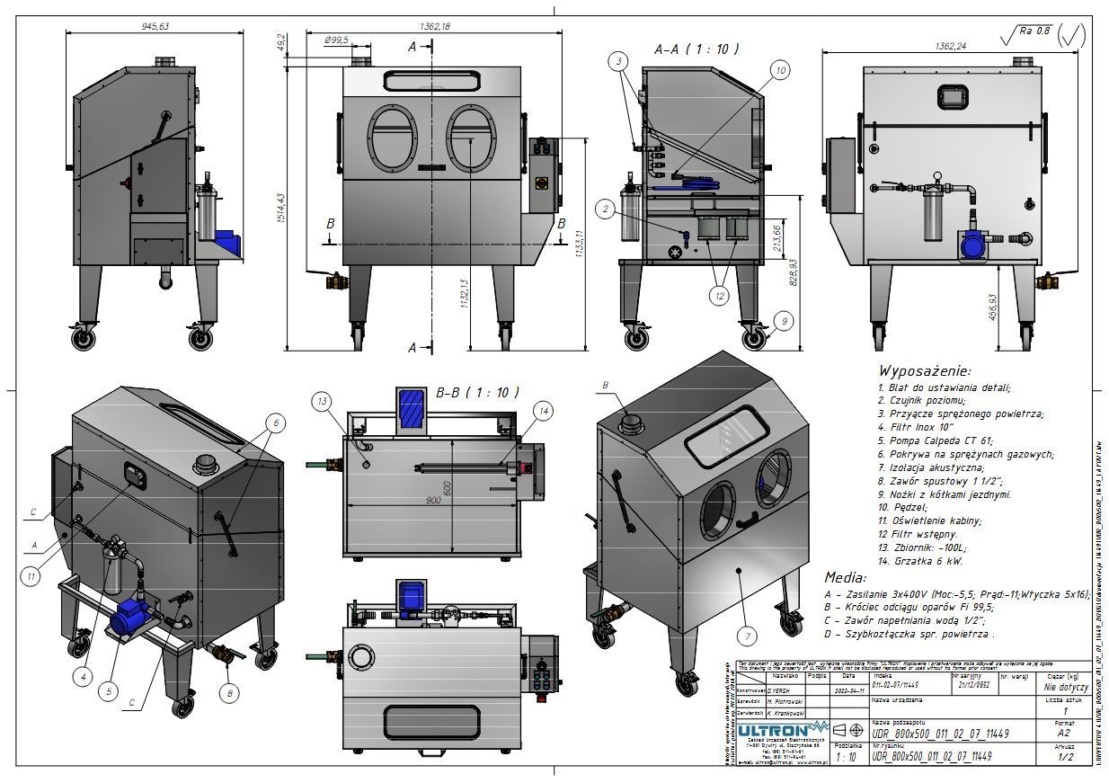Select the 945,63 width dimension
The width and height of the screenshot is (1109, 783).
click(x=155, y=26)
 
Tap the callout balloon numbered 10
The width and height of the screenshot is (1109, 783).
click(x=779, y=69)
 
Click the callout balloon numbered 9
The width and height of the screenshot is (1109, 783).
click(x=783, y=320)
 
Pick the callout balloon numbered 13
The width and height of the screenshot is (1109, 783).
click(x=323, y=401)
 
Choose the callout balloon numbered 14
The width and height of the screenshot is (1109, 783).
click(x=542, y=411)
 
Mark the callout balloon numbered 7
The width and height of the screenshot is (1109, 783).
click(x=745, y=636)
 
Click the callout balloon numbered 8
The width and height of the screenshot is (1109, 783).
click(x=230, y=692)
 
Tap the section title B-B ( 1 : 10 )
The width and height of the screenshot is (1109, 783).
click(x=477, y=392)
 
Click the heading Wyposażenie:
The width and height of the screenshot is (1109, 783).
click(x=925, y=370)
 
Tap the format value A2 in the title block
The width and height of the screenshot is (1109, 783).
click(x=1065, y=733)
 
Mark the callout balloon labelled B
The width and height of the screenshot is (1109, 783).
click(x=605, y=385)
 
